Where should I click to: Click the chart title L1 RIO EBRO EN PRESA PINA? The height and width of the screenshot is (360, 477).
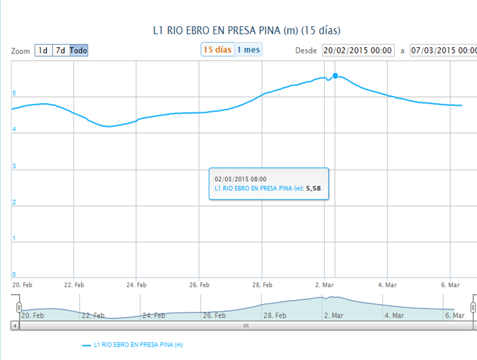point(247,31)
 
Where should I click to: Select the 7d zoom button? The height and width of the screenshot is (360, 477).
point(61,50)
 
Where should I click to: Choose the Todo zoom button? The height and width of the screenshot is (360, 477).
point(79,50)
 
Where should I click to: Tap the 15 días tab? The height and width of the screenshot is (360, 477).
point(217,49)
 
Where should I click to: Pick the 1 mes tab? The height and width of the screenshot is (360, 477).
point(248,49)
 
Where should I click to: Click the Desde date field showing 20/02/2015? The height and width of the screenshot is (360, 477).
point(358,50)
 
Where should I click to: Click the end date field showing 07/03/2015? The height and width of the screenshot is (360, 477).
point(443,50)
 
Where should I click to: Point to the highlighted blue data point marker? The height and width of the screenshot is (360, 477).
point(335,76)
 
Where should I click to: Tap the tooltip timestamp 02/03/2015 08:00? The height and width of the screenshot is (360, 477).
point(240,179)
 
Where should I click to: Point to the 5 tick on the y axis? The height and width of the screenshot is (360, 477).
point(14,93)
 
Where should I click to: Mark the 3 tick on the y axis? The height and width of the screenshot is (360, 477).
point(14,166)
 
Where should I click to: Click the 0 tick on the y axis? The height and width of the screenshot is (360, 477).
point(14,275)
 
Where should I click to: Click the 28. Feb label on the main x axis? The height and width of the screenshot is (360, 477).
point(262,284)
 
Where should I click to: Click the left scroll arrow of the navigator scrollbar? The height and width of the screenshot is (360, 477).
point(15,326)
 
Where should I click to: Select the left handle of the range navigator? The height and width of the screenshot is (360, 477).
point(19,307)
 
